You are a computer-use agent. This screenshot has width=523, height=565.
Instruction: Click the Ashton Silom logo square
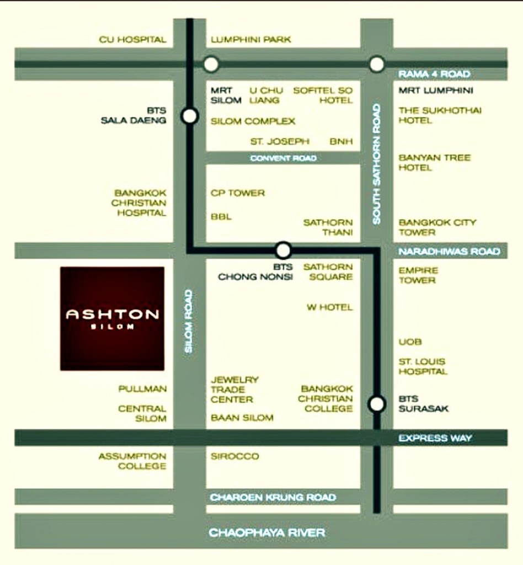coord(112,318)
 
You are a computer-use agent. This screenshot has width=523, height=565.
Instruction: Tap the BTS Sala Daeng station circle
coord(190,116)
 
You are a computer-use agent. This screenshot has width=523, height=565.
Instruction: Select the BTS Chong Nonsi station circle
coord(283,250)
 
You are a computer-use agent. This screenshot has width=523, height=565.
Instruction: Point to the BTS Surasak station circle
coord(377,404)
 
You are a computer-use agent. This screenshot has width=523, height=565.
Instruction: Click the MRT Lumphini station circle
coord(377,65)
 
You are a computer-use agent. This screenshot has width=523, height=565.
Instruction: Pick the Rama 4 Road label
coord(435,74)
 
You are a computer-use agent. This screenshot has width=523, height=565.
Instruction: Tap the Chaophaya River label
coord(266,533)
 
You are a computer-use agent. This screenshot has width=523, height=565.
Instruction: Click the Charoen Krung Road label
coord(273,498)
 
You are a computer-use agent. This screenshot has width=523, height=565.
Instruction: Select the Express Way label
coord(435,438)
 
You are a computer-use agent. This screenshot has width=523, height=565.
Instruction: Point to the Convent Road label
coord(283,158)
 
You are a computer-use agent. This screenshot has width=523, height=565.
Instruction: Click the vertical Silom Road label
coord(189,321)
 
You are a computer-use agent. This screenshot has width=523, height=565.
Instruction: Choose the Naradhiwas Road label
coord(449,252)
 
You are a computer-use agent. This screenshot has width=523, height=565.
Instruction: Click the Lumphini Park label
coord(251,40)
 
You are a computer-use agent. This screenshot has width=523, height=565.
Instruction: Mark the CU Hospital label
coord(132,40)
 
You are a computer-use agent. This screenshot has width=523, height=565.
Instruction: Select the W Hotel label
coord(329,307)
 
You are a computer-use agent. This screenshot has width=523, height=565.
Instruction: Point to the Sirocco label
coord(234,456)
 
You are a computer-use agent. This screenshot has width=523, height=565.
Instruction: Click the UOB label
coord(410,342)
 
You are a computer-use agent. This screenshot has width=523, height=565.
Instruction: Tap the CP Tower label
coord(238,193)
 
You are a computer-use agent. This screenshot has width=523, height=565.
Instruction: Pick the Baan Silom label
coord(242,418)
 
